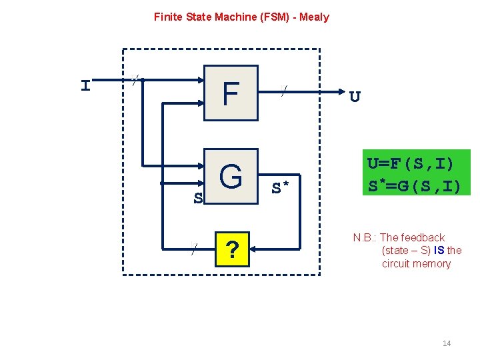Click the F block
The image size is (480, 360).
coord(231,93)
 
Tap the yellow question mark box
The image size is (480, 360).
coord(231,249)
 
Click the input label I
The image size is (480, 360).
coord(85,86)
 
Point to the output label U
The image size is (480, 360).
coord(355,97)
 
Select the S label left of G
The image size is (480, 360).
coord(197,198)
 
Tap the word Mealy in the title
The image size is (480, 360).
coord(314,17)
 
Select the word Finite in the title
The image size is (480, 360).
coord(168,17)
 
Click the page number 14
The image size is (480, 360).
coord(447,343)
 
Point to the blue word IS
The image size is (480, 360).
coord(439,251)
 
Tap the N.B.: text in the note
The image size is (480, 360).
coord(365,238)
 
